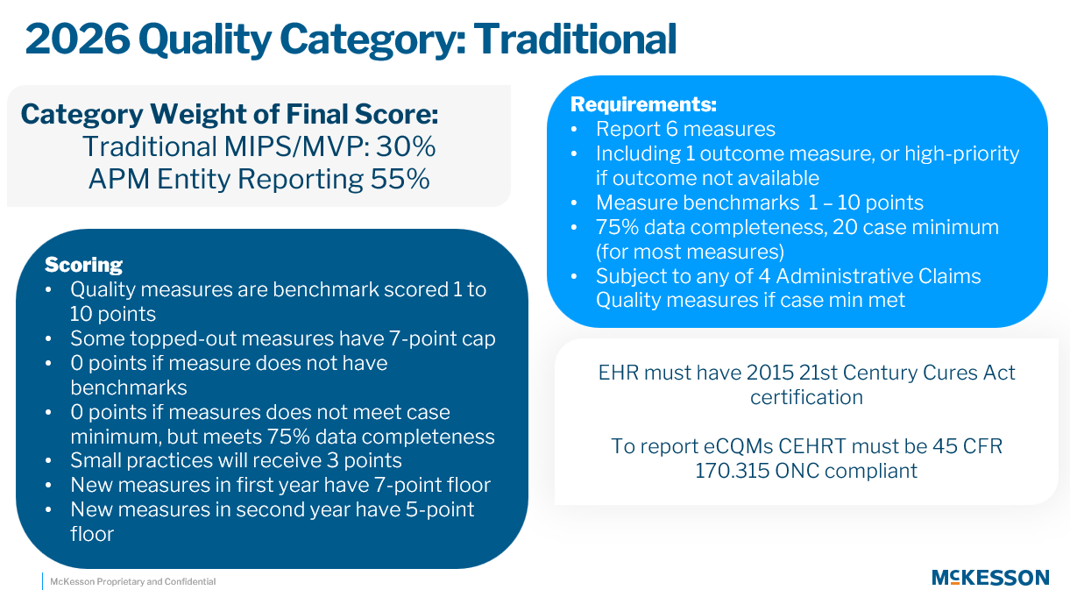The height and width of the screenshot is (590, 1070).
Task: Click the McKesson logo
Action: point(990,578)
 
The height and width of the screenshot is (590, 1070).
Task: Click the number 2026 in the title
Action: point(77,39)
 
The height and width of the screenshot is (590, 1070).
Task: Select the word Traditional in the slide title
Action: point(575,39)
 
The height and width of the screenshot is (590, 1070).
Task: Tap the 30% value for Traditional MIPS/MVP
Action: point(406,146)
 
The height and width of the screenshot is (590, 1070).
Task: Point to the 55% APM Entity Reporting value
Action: point(400,179)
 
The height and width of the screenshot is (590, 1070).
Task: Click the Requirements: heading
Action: point(643,104)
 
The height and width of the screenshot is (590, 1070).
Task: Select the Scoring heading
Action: point(83,265)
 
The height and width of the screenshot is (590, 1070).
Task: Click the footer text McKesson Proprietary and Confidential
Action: point(133,581)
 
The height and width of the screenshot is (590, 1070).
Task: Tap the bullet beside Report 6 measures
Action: point(574,130)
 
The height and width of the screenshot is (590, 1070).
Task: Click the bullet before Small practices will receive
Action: point(48,461)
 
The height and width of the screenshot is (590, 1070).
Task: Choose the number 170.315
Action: point(732,471)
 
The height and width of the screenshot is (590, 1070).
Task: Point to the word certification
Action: point(806,397)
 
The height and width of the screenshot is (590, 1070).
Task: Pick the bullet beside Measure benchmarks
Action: point(574,203)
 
